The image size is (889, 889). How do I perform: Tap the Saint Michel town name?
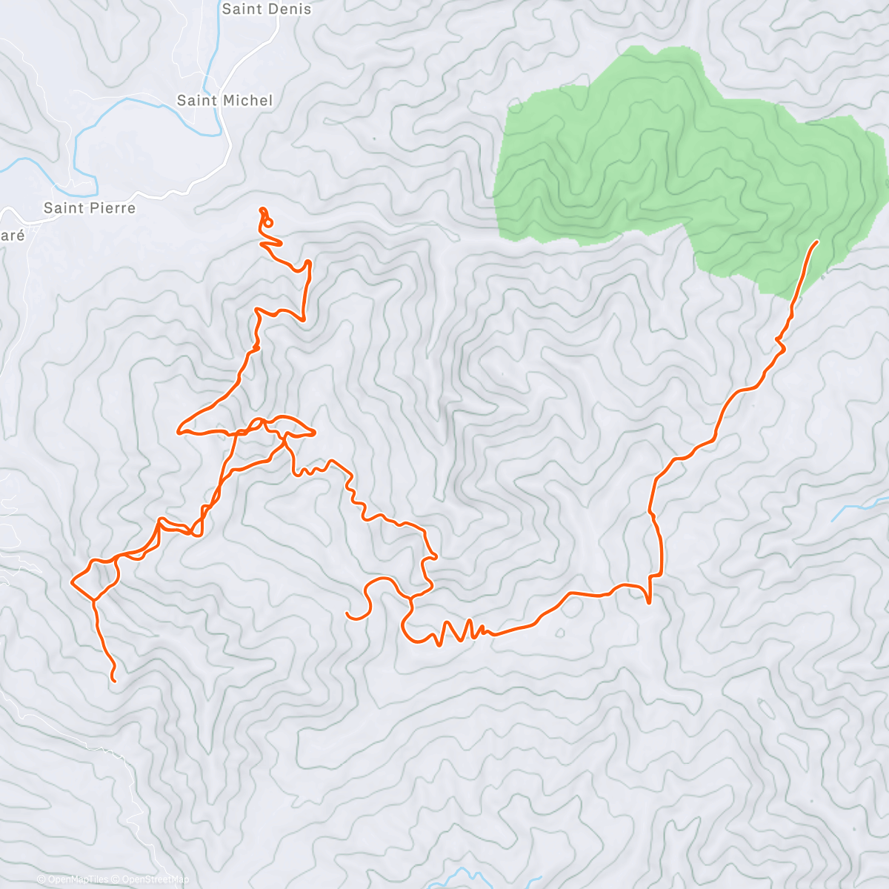tap(224, 100)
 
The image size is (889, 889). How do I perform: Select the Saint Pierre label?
tap(90, 208)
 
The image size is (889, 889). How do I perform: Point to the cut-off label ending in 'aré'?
tap(13, 236)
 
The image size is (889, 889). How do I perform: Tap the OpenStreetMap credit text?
tap(155, 879)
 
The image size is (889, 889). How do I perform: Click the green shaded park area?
tap(667, 163)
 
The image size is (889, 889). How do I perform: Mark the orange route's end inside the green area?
tap(817, 242)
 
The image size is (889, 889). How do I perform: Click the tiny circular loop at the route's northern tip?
tap(268, 222)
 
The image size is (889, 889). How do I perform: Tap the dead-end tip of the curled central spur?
tap(347, 613)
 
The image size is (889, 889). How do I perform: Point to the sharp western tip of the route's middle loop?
tap(179, 429)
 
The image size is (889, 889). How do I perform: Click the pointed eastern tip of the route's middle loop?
tap(316, 432)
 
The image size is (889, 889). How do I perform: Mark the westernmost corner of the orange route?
tap(72, 582)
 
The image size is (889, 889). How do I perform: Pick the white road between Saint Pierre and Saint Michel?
tap(170, 194)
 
